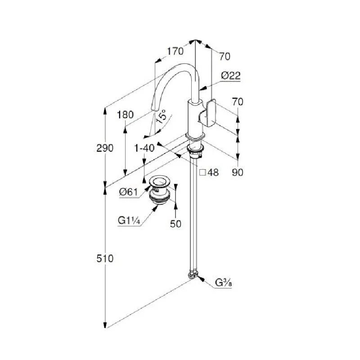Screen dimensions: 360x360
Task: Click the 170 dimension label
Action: [175, 51]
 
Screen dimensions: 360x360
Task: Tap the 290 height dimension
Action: [105, 148]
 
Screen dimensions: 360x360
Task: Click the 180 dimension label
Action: [125, 115]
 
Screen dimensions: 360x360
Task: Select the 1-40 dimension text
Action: [144, 147]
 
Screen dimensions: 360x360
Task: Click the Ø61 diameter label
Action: [128, 192]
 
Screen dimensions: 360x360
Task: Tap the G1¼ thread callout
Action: [128, 220]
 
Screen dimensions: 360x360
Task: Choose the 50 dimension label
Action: [175, 223]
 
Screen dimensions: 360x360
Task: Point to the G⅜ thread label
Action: [223, 283]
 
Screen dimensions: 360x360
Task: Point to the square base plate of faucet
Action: [195, 136]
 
